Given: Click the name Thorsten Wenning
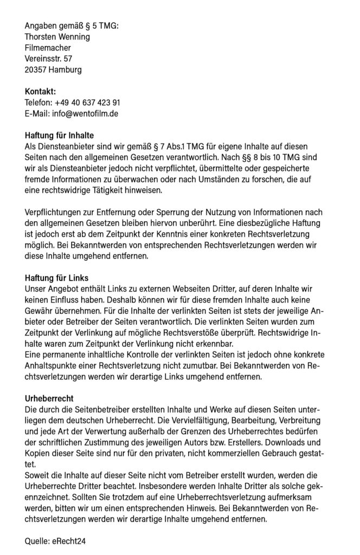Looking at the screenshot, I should pyautogui.click(x=57, y=37).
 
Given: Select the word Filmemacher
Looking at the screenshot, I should pyautogui.click(x=48, y=48).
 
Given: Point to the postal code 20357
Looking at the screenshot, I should pyautogui.click(x=36, y=69).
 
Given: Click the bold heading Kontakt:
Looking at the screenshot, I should pyautogui.click(x=40, y=92).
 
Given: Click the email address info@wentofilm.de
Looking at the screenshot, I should pyautogui.click(x=85, y=113).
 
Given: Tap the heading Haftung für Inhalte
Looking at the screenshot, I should pyautogui.click(x=60, y=136).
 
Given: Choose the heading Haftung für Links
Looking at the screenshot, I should pyautogui.click(x=56, y=279).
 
